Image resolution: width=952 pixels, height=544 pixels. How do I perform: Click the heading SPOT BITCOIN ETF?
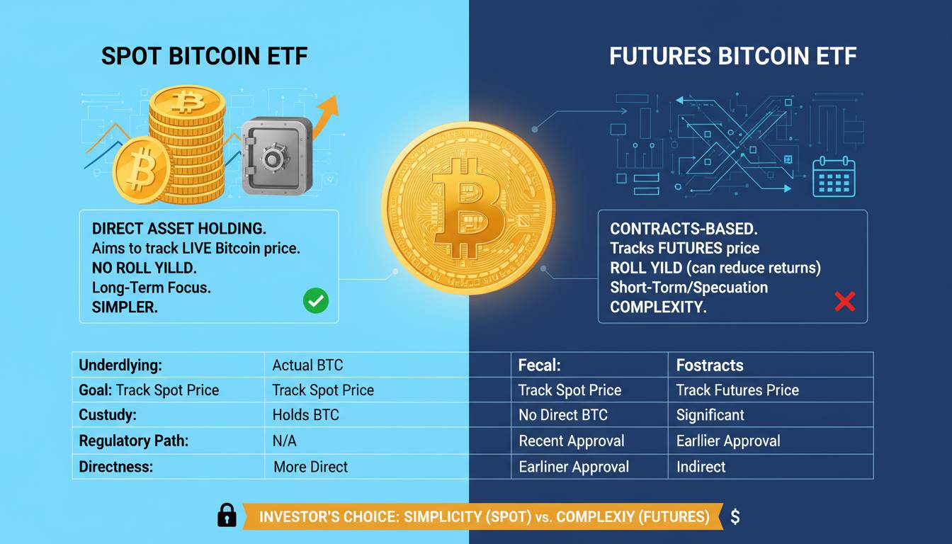coord(205,56)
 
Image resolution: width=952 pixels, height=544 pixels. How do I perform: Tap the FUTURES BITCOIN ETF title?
coord(732,56)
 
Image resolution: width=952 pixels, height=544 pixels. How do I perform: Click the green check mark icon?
coord(316,300)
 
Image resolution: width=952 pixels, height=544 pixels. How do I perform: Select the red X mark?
coord(845,301)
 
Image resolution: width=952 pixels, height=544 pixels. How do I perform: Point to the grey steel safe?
coord(277,156)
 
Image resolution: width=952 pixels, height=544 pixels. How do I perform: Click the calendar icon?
coord(834,176)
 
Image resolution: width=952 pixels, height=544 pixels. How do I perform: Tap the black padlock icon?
coord(227,515)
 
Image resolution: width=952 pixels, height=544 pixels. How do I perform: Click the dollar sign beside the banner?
coord(735,517)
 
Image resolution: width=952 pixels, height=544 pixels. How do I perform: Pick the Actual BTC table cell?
coord(307,365)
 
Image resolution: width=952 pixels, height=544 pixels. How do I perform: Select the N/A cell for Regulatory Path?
coord(284,441)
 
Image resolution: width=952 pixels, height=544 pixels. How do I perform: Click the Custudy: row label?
coord(108,415)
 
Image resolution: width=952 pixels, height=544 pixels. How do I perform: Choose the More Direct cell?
coord(311,467)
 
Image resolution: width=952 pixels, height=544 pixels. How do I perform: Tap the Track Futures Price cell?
coord(737,390)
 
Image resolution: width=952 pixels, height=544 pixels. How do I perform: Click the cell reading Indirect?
coord(701,467)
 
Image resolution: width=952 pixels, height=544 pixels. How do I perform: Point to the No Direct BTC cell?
coord(563,415)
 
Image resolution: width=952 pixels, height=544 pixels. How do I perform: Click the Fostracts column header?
coord(710,365)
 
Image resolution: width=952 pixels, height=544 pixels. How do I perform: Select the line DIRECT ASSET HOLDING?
coord(179,229)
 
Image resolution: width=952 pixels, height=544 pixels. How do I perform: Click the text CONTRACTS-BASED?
coord(684,229)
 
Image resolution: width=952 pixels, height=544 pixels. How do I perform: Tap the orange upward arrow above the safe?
coord(325,118)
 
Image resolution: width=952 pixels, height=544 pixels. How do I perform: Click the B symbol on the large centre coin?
coord(467,208)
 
